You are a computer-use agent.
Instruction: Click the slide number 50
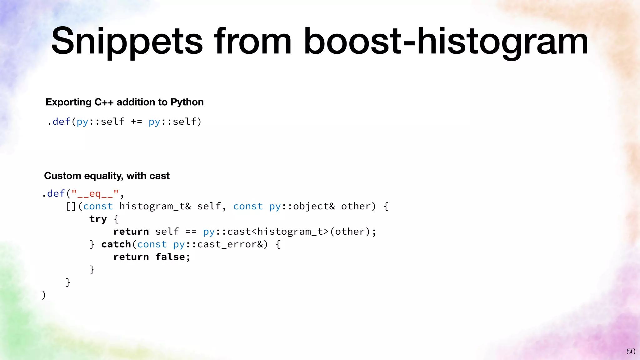click(631, 352)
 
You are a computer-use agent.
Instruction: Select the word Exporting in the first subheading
click(68, 102)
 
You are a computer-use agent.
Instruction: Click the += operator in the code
click(136, 122)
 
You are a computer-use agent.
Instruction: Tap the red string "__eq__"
click(95, 194)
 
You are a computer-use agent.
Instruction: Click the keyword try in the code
click(98, 219)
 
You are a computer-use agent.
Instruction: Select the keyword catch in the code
click(116, 244)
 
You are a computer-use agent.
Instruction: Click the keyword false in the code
click(170, 257)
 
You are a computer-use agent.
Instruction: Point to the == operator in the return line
click(191, 232)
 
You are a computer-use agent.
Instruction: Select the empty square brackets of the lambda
click(71, 207)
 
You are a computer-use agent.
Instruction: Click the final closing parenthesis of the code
click(44, 295)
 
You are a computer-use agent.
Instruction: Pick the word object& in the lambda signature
click(314, 207)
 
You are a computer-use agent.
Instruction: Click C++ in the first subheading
click(104, 102)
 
